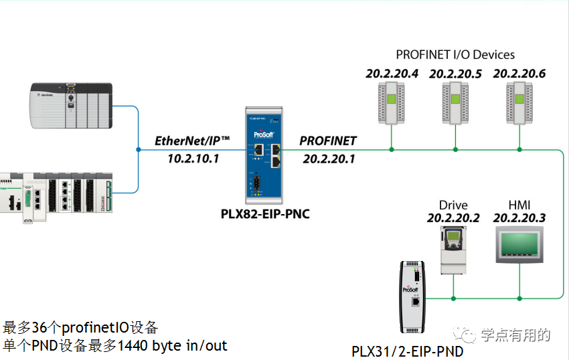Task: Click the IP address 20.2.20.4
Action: click(392, 74)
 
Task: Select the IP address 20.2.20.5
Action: click(455, 74)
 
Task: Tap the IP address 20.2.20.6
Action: click(519, 74)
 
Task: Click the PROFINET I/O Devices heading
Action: click(455, 54)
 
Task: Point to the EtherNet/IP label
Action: click(192, 141)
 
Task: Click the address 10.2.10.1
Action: click(193, 159)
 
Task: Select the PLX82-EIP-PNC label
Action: click(265, 214)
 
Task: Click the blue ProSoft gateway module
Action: click(266, 155)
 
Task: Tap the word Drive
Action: click(453, 205)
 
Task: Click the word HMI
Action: click(519, 205)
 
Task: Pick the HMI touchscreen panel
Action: click(519, 246)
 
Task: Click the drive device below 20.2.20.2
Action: click(453, 250)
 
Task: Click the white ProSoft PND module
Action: click(412, 296)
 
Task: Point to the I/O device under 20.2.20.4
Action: click(392, 102)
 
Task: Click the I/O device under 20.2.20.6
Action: click(519, 102)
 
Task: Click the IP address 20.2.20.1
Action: click(328, 159)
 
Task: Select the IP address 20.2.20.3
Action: click(519, 218)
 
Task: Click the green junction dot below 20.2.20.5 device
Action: click(455, 150)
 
